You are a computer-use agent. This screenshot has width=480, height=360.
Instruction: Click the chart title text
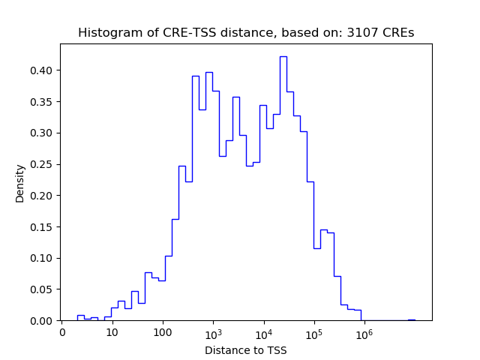(x=246, y=33)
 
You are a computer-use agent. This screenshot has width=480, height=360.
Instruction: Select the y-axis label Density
(x=20, y=183)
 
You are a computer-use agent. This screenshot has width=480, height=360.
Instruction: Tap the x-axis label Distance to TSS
(x=246, y=349)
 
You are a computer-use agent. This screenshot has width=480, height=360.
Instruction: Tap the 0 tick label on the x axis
(x=61, y=331)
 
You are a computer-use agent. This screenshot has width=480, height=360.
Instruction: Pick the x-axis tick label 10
(x=112, y=331)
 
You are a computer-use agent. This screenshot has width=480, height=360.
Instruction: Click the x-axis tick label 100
(x=163, y=331)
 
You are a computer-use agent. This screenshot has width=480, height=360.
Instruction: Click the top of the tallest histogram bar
(x=283, y=57)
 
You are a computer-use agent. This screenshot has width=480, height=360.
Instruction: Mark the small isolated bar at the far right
(x=411, y=319)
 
